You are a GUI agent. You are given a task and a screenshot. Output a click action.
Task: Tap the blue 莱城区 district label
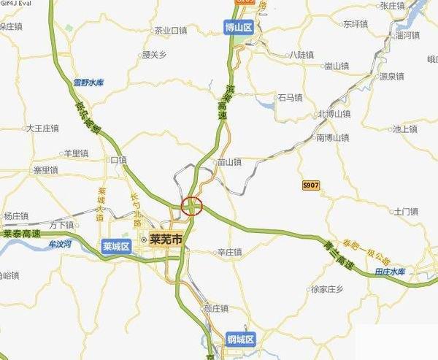[116, 246]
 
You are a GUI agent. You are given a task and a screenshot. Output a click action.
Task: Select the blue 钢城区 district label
[241, 340]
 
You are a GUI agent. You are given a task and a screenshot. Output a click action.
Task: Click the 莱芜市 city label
[165, 239]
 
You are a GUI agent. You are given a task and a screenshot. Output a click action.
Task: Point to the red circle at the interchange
[191, 207]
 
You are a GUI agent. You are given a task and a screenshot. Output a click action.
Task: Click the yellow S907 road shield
[310, 186]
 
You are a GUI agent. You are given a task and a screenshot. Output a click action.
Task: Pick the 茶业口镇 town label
[171, 31]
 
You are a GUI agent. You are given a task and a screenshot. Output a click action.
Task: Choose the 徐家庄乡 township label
[327, 288]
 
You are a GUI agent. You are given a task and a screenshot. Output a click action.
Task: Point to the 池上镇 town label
[405, 129]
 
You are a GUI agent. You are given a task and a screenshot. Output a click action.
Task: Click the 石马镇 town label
[289, 97]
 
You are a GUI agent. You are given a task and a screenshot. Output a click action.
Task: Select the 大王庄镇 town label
[42, 129]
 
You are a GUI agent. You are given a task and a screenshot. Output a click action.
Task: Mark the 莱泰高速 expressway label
[20, 234]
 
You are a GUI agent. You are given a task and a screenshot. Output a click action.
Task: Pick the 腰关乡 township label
[155, 54]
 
